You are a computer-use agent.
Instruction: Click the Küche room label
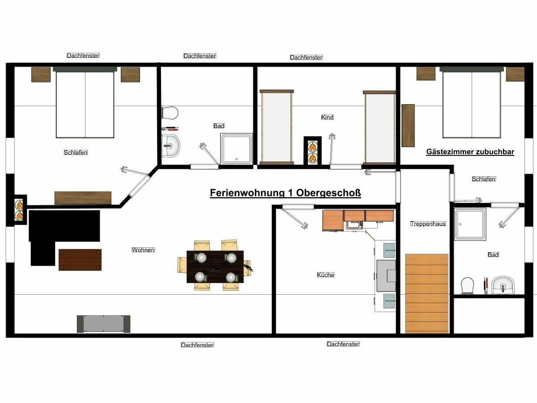click(325, 275)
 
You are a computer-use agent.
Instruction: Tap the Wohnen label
click(143, 250)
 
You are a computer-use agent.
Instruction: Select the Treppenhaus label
click(428, 223)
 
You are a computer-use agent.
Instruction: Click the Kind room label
click(327, 117)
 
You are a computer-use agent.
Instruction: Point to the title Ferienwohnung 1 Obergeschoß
click(286, 193)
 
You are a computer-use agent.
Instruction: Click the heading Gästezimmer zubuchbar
click(470, 152)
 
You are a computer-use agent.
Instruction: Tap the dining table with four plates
click(215, 267)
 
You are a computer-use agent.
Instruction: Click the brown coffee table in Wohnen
click(80, 260)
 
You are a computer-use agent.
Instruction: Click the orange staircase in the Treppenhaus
click(427, 294)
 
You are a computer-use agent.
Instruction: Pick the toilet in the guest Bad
click(467, 285)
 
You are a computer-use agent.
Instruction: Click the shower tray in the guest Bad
click(470, 224)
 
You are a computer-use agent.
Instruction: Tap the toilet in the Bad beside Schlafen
click(170, 113)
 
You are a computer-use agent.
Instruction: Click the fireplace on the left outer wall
click(19, 210)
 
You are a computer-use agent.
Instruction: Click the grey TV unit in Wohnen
click(103, 324)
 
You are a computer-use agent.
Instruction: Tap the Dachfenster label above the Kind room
click(306, 57)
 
